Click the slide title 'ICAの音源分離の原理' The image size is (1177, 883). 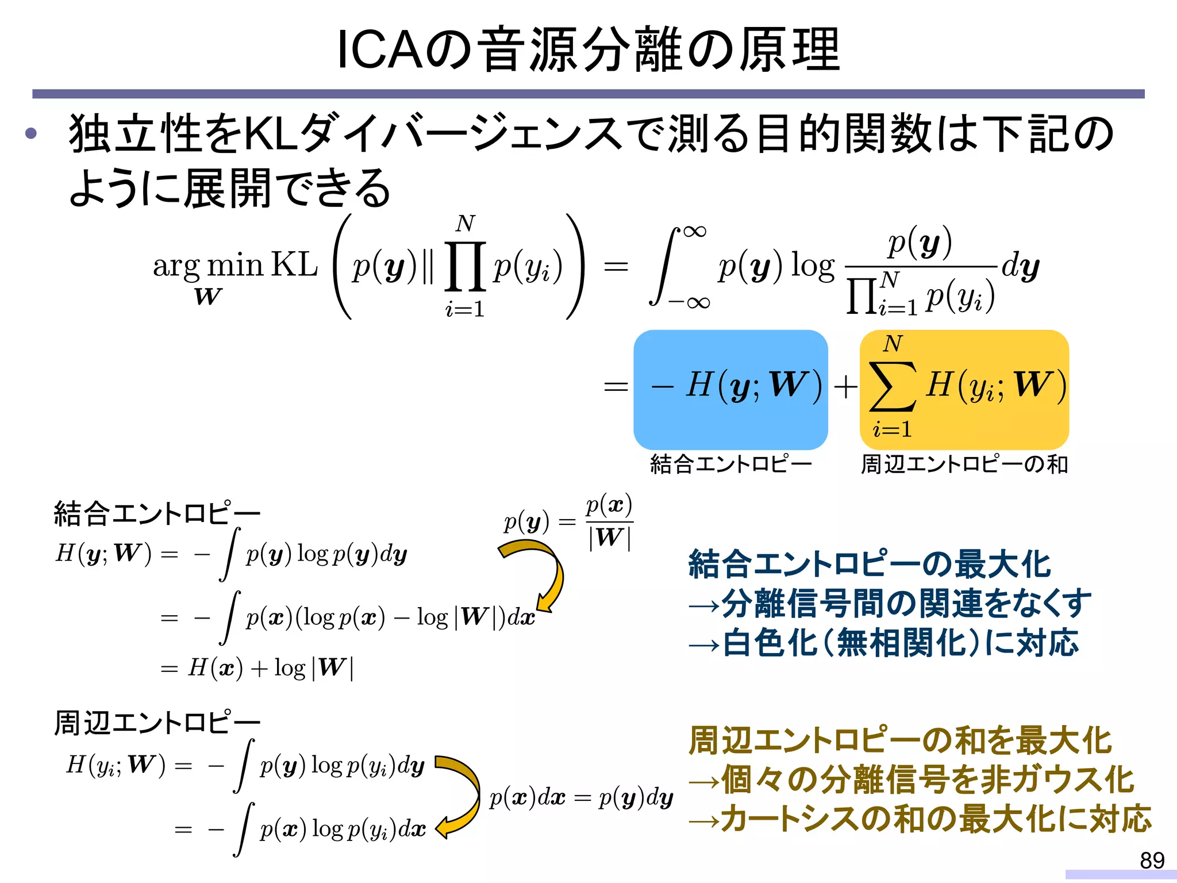coord(588,51)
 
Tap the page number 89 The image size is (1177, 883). coord(1152,860)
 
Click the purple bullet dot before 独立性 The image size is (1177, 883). coord(31,134)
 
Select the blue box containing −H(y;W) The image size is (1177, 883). coord(730,389)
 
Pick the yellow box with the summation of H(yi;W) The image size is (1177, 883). coord(964,389)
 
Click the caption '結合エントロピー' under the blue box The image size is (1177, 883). coord(730,464)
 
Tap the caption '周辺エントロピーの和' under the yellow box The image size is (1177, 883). coord(964,464)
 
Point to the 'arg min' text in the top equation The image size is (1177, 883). coord(207,266)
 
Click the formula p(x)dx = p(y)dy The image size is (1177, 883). coord(581,798)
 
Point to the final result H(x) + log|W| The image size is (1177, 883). coord(270,668)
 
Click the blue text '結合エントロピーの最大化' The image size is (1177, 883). coord(869,564)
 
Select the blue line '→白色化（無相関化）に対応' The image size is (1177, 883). coord(883,642)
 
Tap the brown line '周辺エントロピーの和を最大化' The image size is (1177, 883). coord(900,740)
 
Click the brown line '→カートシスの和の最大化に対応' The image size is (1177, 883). coord(920,819)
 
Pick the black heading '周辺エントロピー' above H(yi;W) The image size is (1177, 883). coord(156,723)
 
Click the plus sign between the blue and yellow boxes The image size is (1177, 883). coord(845,386)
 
